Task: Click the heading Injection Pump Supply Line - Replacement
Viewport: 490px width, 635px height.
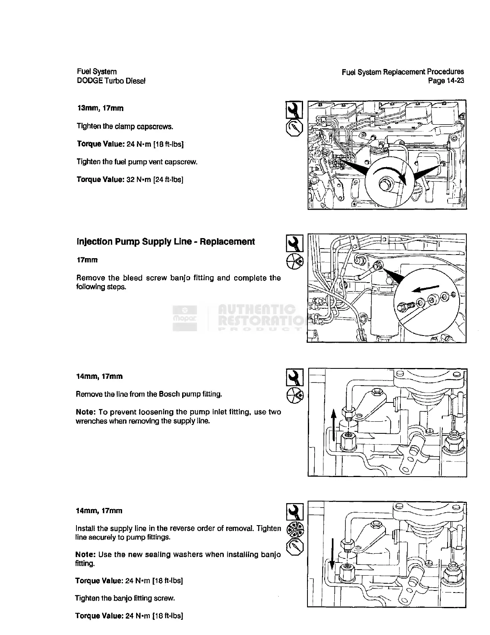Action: click(165, 242)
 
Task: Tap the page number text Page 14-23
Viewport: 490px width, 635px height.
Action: click(446, 81)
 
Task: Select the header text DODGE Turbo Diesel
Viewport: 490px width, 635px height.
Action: click(111, 81)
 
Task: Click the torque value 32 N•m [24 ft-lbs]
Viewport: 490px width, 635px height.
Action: click(130, 179)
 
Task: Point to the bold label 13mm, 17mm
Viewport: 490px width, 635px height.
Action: click(100, 108)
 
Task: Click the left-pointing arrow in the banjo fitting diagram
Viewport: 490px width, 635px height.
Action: click(426, 289)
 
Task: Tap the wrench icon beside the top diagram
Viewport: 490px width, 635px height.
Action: click(294, 110)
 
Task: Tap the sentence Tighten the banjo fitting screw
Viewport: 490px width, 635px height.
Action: click(125, 599)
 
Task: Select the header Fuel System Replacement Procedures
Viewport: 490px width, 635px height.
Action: click(403, 72)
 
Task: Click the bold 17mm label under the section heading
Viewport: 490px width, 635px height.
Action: click(87, 260)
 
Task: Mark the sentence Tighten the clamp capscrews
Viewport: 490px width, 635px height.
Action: click(125, 127)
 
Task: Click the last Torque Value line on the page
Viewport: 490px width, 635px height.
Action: click(129, 616)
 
